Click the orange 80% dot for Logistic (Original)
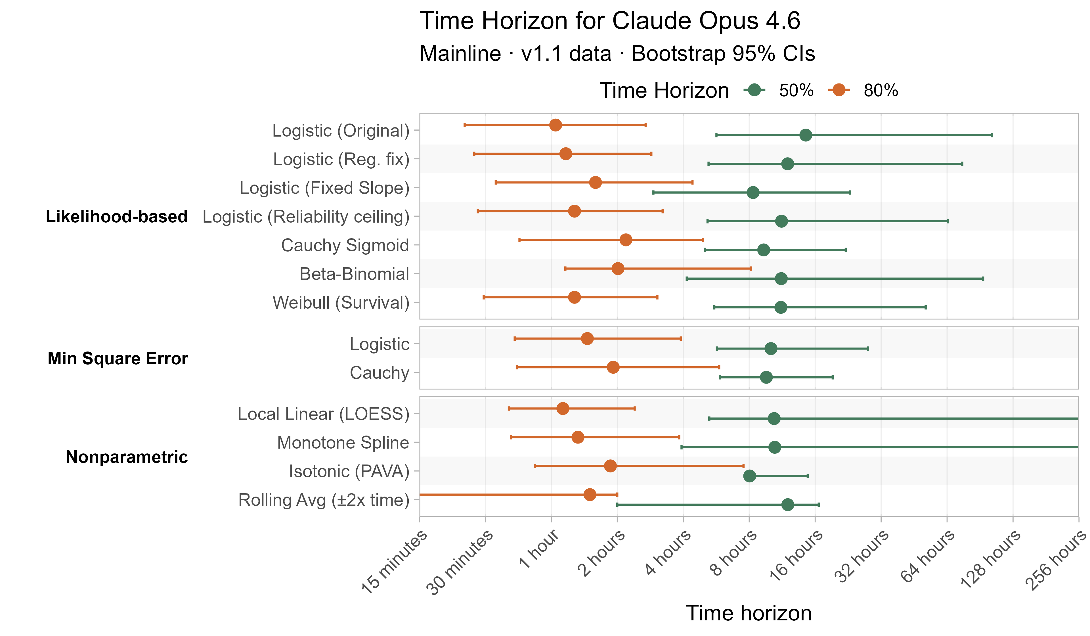pos(556,125)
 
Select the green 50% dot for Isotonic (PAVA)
pos(750,476)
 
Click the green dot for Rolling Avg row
pos(788,505)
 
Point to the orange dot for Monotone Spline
pos(577,437)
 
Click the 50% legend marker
pos(755,90)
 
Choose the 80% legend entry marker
pos(839,90)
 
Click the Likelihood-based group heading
pos(117,216)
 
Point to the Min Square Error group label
pos(118,358)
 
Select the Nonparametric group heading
pos(127,457)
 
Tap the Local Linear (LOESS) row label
pos(324,414)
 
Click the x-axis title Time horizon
pos(749,613)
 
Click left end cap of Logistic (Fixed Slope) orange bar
pos(496,183)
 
